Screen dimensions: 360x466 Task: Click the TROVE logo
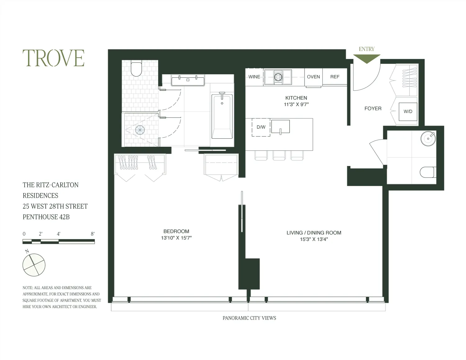coord(53,58)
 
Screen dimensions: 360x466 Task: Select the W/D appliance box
coord(408,112)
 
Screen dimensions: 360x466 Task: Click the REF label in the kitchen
coord(335,77)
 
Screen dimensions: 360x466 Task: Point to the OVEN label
coord(313,77)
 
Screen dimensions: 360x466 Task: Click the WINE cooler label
coord(254,77)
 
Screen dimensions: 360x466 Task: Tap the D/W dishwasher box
coord(261,127)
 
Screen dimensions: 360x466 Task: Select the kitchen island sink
coord(280,127)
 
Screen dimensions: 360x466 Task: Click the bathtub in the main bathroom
coord(222,116)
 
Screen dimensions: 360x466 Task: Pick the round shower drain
coord(140,130)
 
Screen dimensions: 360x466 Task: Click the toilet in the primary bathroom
coord(136,69)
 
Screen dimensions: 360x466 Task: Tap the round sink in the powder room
coord(428,138)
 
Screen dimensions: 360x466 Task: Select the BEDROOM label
coord(176,231)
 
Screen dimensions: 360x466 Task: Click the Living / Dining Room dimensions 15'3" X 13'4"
coord(314,239)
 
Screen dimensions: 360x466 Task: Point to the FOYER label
coord(373,108)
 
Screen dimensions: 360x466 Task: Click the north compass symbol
coord(34,265)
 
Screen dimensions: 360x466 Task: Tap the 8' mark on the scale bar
coord(93,234)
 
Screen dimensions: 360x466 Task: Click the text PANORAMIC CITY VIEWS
coord(249,318)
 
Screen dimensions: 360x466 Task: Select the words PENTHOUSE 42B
coord(46,217)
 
